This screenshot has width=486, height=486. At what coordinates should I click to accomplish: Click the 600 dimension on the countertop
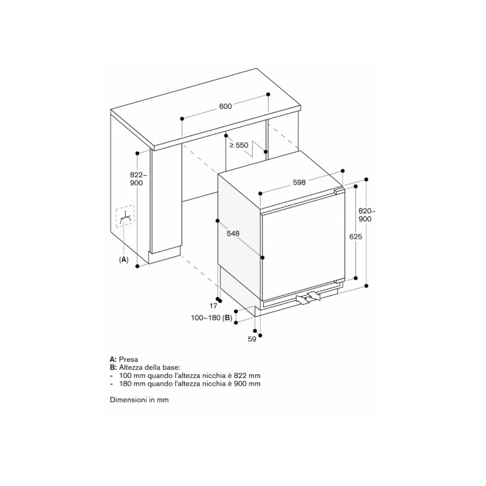point(225,106)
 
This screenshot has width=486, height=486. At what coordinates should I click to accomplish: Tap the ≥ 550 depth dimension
point(239,145)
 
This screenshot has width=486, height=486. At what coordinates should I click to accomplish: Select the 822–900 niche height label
point(136,179)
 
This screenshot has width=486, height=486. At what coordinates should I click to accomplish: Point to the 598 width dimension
point(299,183)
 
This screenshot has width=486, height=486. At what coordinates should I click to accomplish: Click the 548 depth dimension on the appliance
point(233,233)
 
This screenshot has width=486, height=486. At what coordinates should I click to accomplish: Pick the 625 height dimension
point(355,236)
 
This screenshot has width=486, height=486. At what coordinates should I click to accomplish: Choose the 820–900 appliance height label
point(365,215)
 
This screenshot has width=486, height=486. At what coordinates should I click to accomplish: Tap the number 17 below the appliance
point(213,306)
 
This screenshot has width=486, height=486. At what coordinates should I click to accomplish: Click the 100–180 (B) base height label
point(211,318)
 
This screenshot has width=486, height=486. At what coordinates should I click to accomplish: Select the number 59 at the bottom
point(252,339)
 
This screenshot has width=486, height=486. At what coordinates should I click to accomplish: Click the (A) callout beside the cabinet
point(124,260)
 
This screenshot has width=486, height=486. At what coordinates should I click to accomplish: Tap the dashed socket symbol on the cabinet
point(125,216)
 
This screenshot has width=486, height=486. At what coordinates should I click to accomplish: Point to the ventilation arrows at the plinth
point(308,298)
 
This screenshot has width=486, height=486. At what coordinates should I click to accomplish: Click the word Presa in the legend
point(128,360)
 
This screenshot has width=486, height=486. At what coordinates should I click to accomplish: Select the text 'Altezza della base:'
point(149,368)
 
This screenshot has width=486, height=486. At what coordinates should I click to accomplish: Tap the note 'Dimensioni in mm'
point(139,400)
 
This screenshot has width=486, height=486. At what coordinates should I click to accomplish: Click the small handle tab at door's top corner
point(339,191)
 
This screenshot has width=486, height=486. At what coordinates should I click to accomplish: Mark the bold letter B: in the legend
point(114,368)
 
